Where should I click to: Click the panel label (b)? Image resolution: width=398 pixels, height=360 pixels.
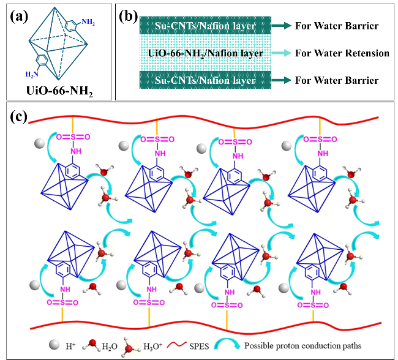pos(128,17)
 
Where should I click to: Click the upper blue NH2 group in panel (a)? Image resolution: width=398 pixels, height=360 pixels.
pos(88,23)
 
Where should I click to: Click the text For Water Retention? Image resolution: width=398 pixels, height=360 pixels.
pos(342,53)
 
